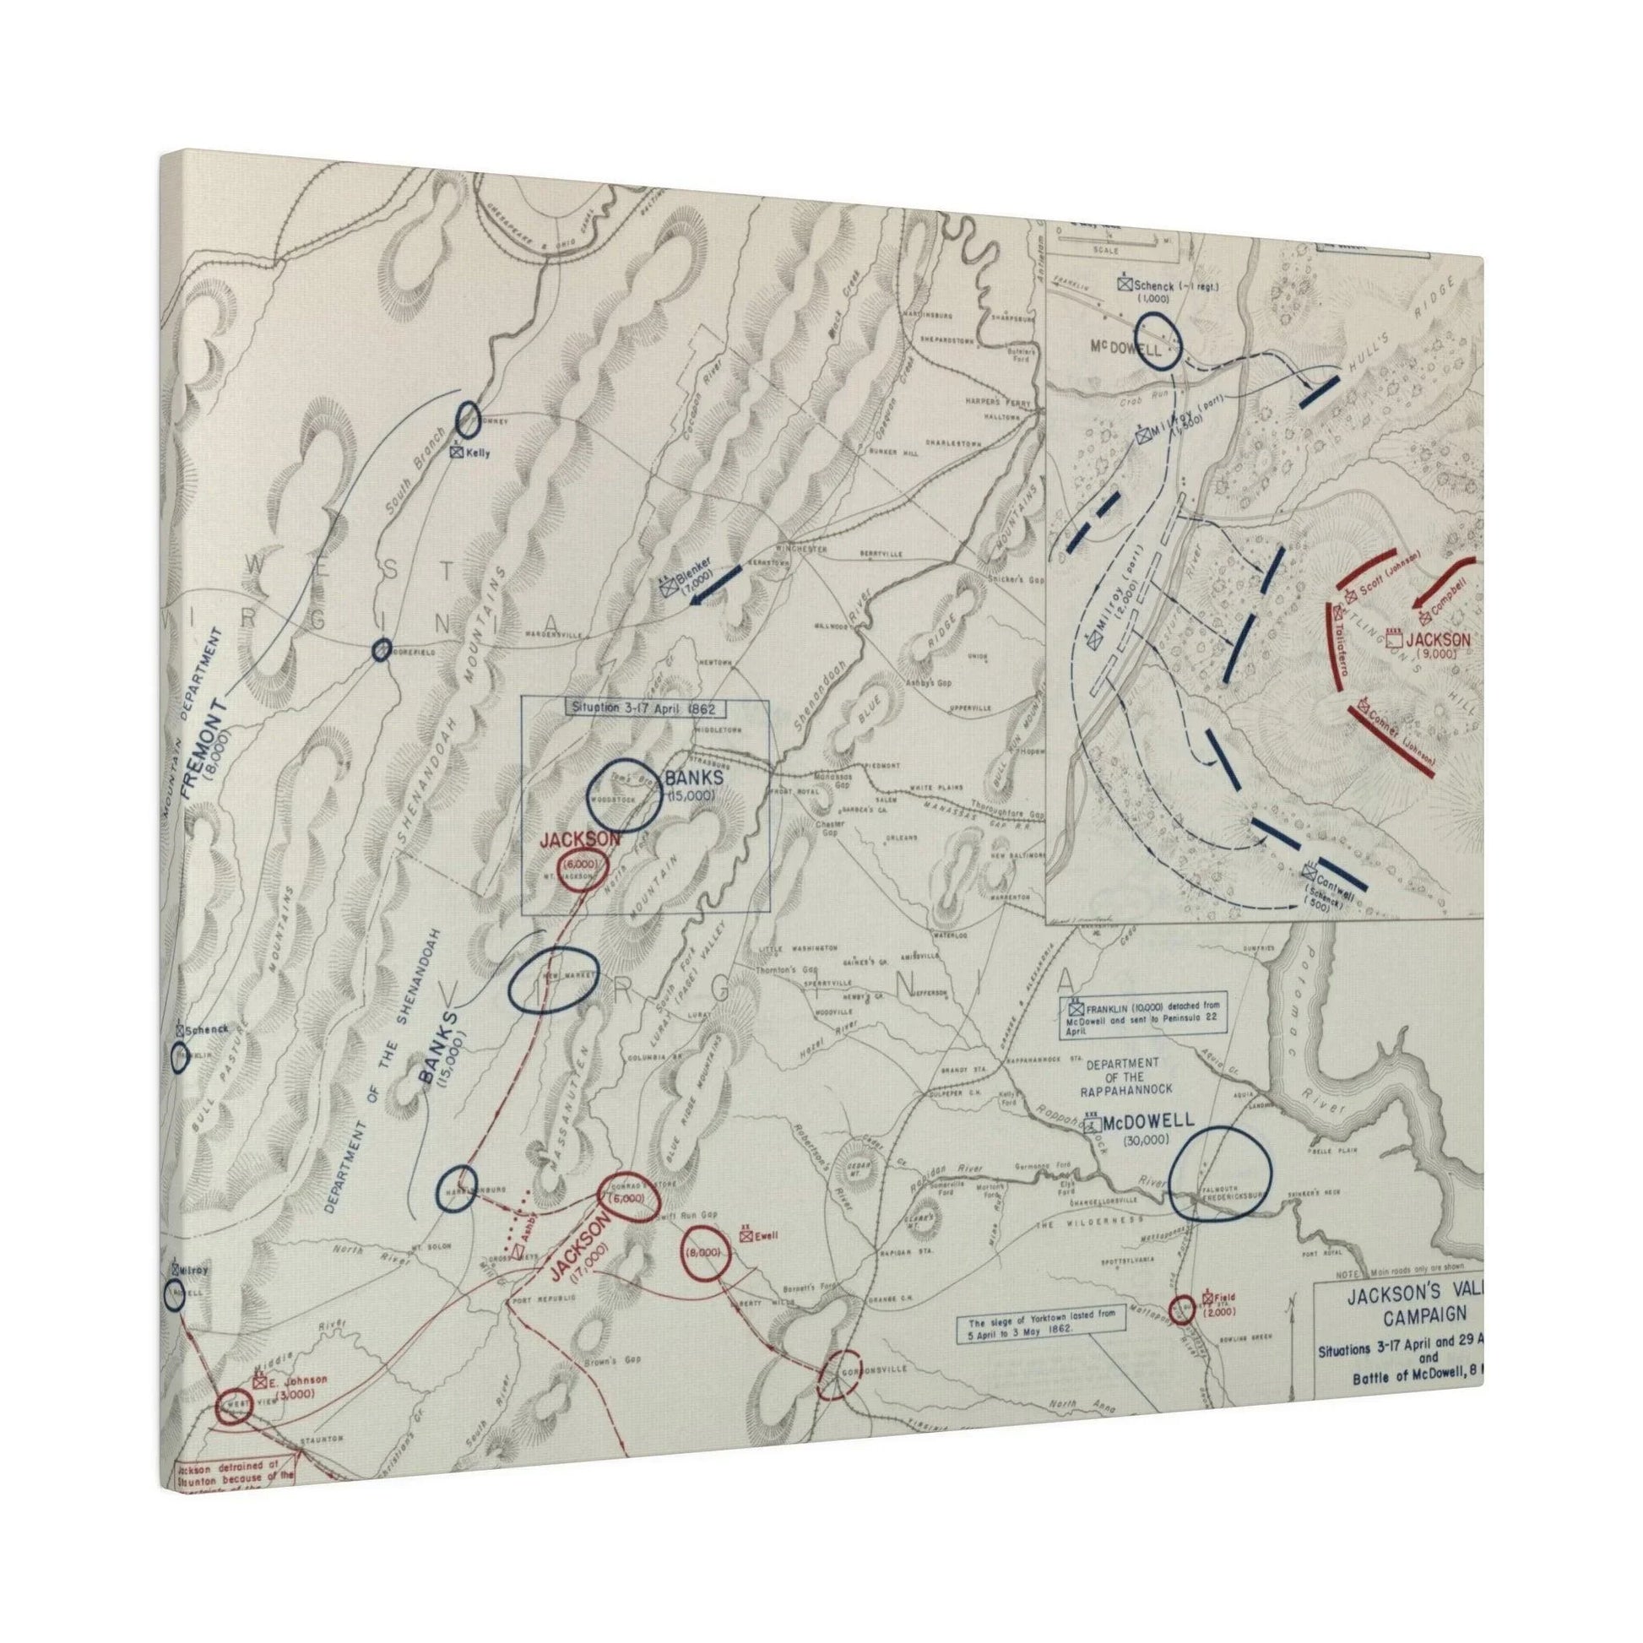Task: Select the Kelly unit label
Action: pyautogui.click(x=470, y=454)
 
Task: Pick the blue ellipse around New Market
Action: pyautogui.click(x=554, y=979)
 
